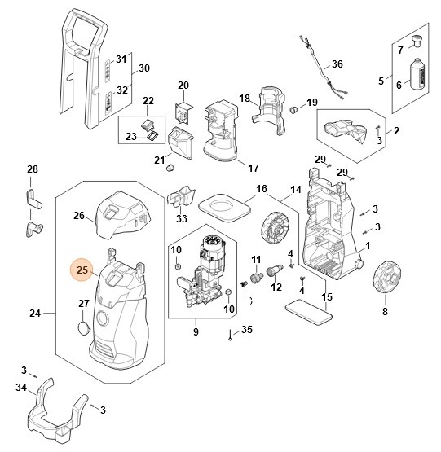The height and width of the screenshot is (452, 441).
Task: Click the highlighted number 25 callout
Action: pos(82,270)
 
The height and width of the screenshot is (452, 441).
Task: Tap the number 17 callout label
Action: pos(254,168)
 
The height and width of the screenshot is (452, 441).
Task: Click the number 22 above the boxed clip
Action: pos(148,101)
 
